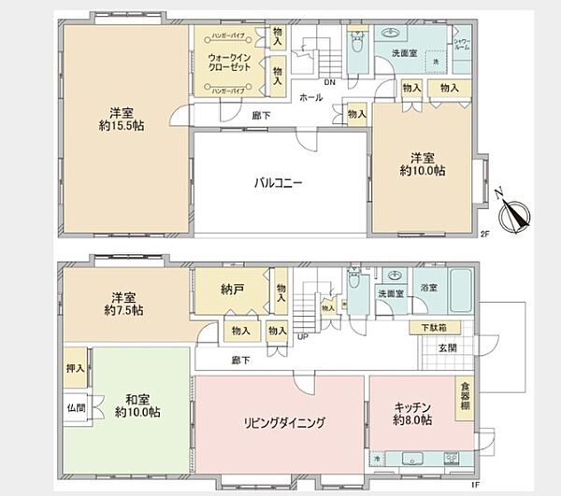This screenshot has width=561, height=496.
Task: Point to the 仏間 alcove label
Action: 76,407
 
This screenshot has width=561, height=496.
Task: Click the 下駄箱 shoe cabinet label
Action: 432,328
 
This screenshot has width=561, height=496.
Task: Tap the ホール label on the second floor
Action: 310,97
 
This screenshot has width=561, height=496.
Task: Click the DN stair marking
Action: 329,81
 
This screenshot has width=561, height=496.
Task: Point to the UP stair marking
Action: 302,336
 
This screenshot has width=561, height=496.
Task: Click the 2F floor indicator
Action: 485,234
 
